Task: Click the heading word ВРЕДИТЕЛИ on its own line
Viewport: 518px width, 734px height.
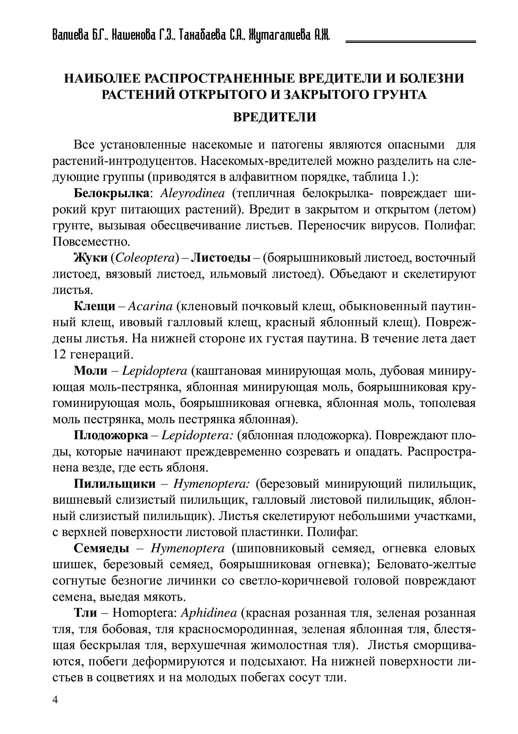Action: point(274,117)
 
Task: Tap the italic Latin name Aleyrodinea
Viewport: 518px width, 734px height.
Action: point(193,193)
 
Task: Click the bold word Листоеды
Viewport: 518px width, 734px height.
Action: point(220,258)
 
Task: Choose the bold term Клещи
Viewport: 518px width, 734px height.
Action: point(95,306)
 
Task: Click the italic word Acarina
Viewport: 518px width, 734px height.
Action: point(151,306)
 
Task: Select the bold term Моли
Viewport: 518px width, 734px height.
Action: point(91,371)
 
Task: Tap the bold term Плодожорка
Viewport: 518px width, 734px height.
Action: point(111,435)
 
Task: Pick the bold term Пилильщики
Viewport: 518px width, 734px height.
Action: point(115,484)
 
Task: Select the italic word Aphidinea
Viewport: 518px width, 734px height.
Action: point(209,613)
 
